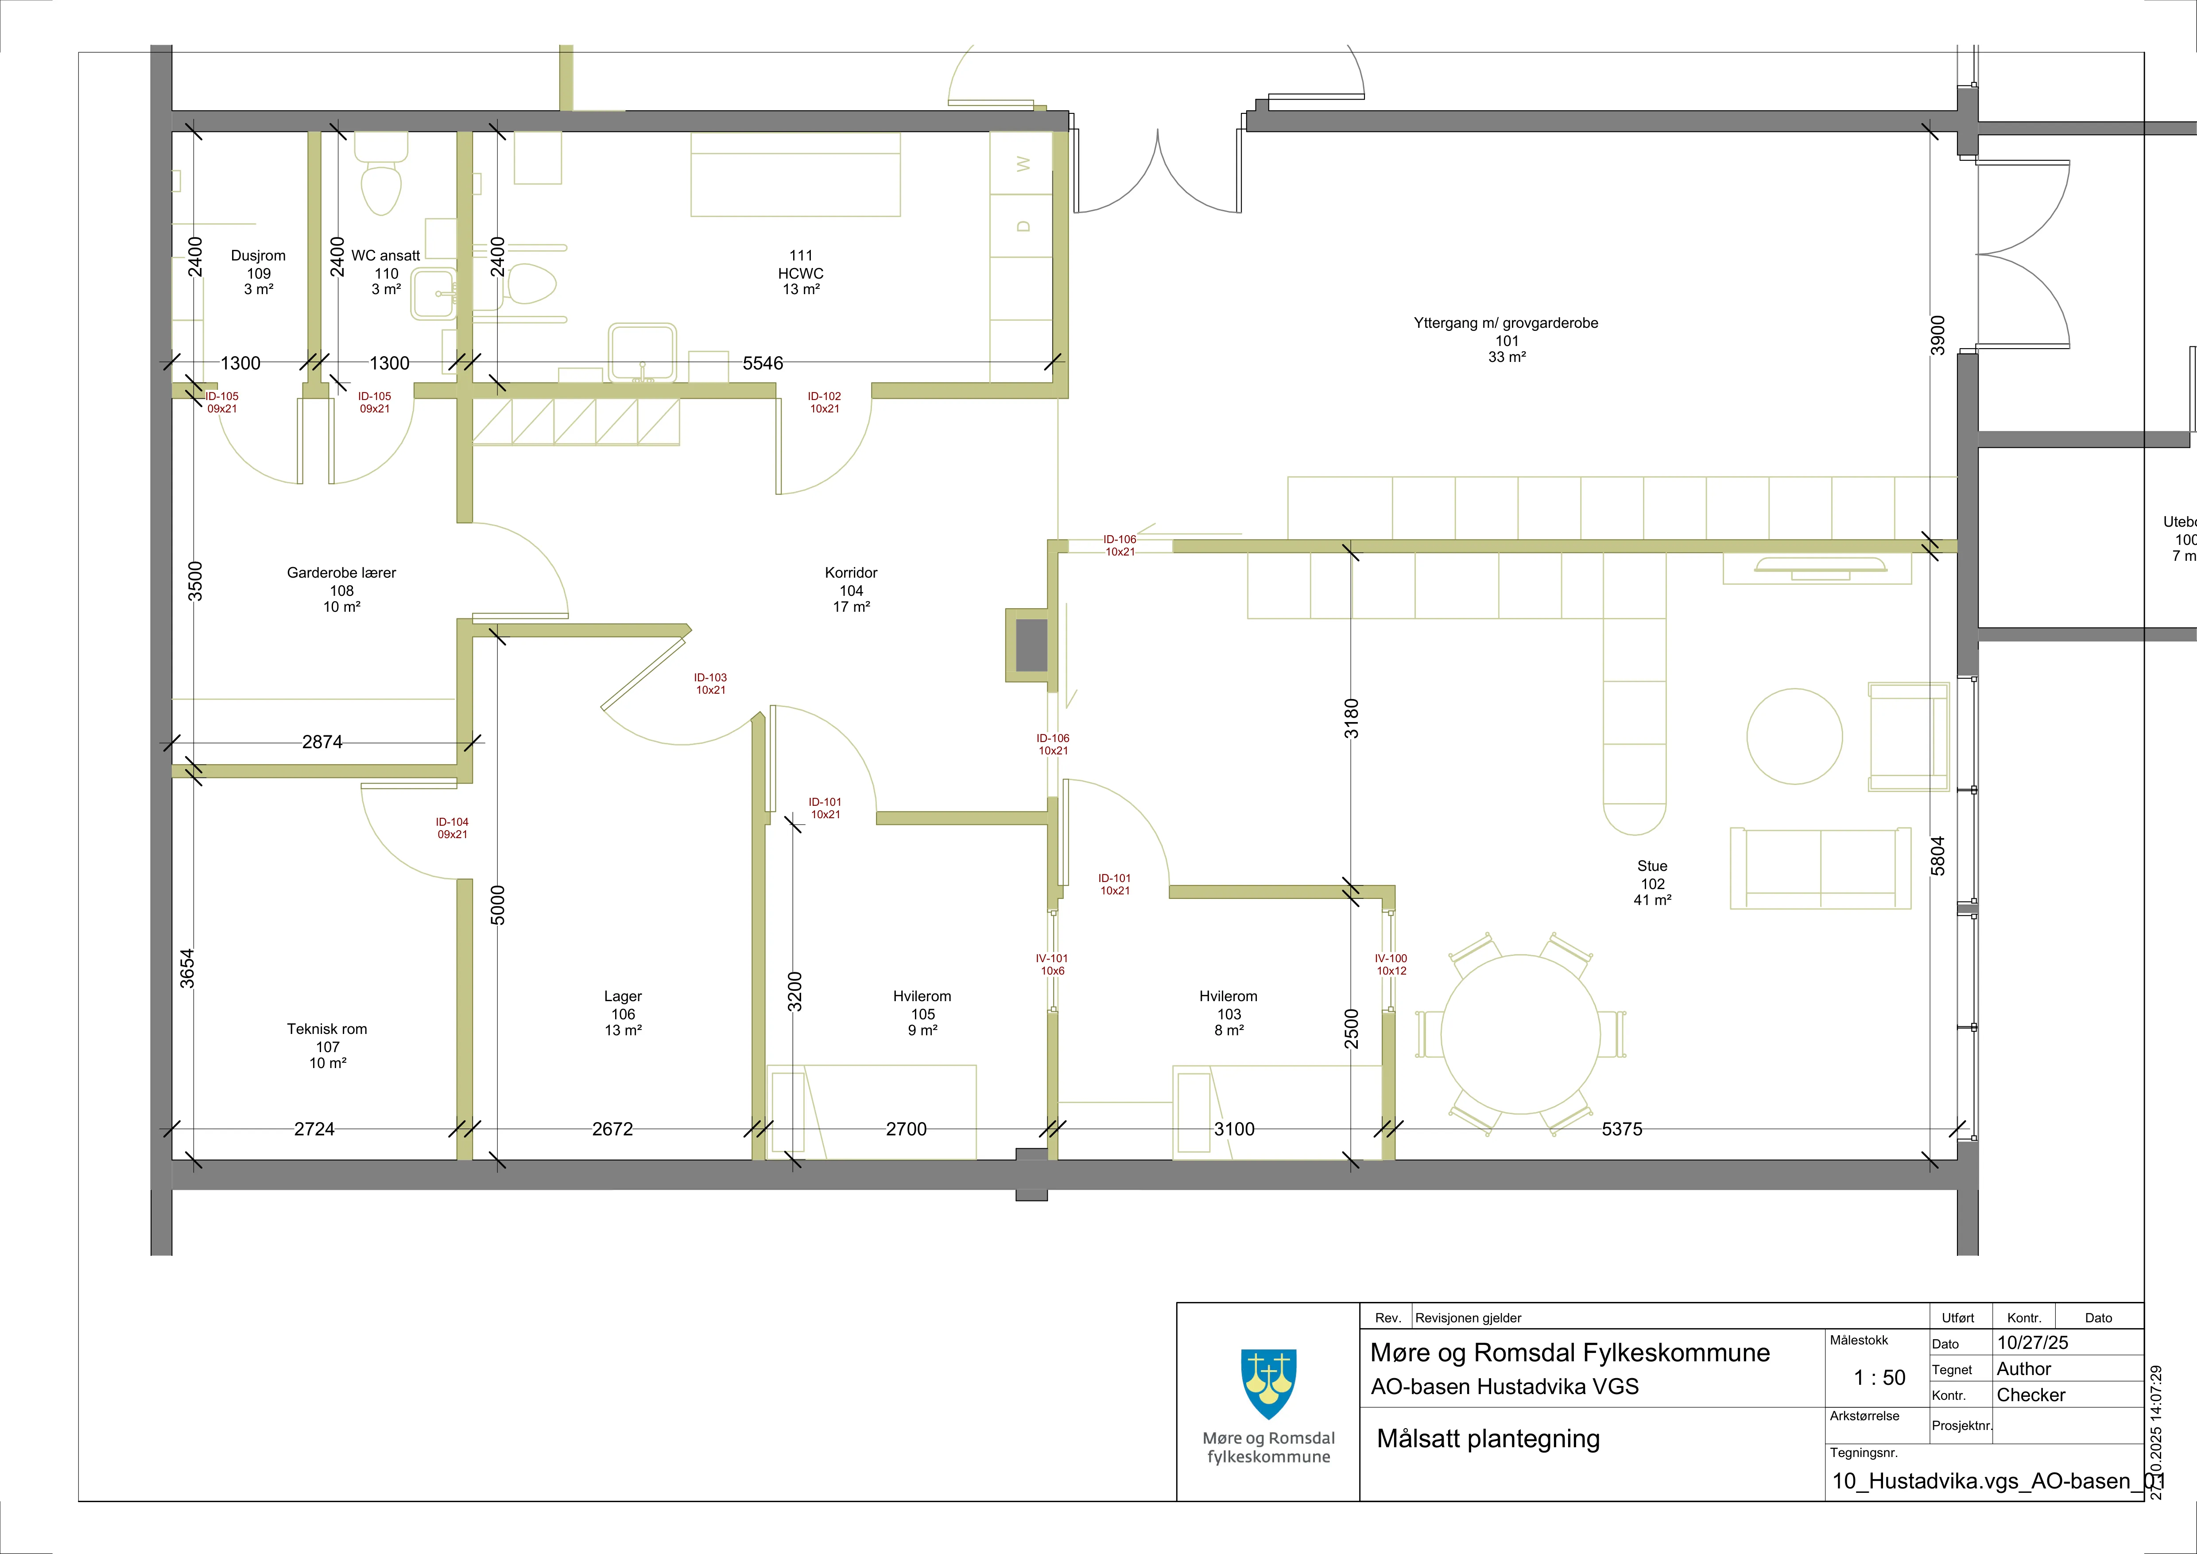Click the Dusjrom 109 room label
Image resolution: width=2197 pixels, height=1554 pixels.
pos(258,272)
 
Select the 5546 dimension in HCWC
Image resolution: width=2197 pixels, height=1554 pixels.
pos(763,363)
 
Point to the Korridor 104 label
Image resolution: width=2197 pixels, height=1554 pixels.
pos(851,590)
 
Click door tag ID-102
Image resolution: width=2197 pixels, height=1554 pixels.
pos(824,402)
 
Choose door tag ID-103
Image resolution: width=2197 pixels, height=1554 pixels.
pos(710,683)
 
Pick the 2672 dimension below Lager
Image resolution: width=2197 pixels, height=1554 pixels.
pos(612,1129)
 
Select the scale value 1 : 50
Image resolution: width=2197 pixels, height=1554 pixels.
pos(1879,1378)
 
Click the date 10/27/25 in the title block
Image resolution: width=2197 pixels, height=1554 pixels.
pos(2032,1343)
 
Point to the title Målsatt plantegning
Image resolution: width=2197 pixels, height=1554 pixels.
pos(1488,1439)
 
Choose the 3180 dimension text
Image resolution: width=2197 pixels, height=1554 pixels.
pos(1351,719)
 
